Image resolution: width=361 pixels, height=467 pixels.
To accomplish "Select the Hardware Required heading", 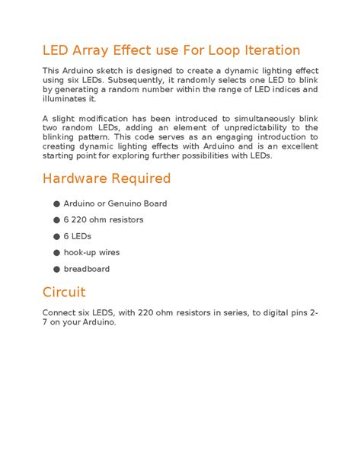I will click(x=107, y=179).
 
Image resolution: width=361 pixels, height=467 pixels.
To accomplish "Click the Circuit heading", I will click(x=64, y=293).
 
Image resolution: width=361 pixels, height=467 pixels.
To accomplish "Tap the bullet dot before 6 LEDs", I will click(x=57, y=236).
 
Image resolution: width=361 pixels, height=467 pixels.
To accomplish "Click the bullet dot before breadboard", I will click(x=57, y=269).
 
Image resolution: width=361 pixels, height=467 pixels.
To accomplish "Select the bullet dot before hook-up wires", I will click(x=57, y=253).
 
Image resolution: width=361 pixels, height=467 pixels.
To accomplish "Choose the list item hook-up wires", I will click(x=92, y=253).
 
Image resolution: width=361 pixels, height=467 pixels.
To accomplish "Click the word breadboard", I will click(x=88, y=269).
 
